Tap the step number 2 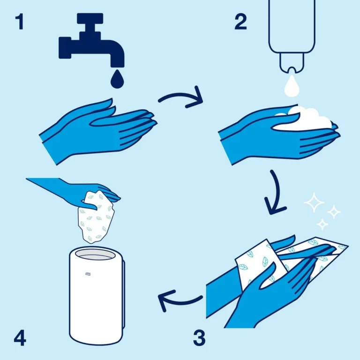pos(240,21)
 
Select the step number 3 pos(199,337)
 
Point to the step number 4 pos(20,338)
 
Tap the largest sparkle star pos(314,203)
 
